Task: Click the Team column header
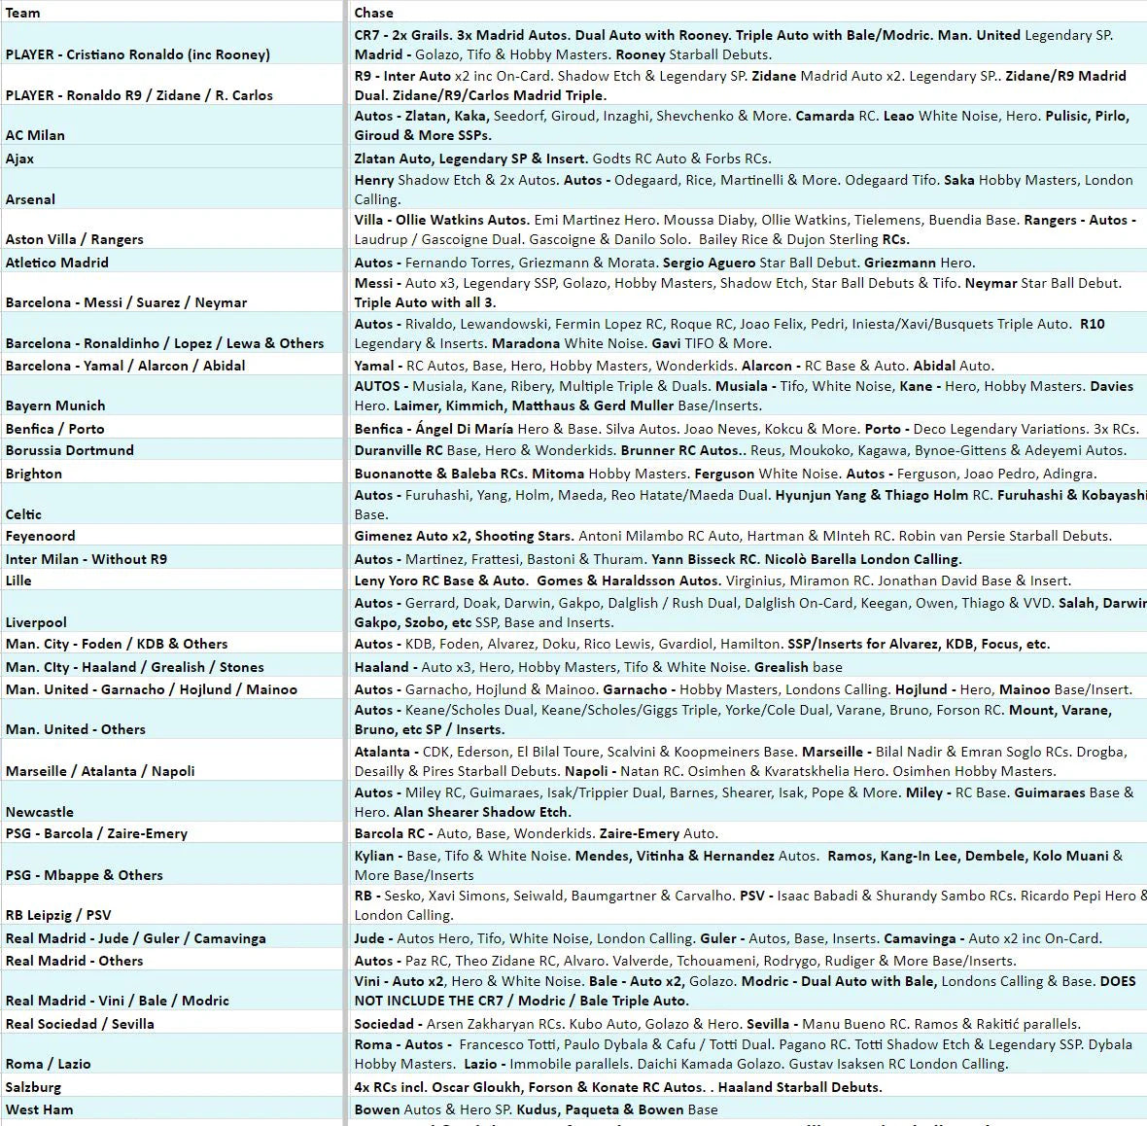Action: pyautogui.click(x=23, y=13)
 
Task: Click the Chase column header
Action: pyautogui.click(x=374, y=13)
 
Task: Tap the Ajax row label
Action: pyautogui.click(x=19, y=158)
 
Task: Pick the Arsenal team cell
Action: pyautogui.click(x=30, y=199)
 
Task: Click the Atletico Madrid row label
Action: pyautogui.click(x=56, y=263)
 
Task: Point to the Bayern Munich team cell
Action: pyautogui.click(x=55, y=405)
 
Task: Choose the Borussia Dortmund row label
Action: pyautogui.click(x=70, y=450)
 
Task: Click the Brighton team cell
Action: pyautogui.click(x=34, y=474)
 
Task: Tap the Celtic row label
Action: pyautogui.click(x=23, y=514)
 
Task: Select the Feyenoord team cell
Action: pyautogui.click(x=40, y=536)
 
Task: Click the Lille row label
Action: pyautogui.click(x=18, y=581)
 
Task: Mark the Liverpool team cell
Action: pyautogui.click(x=36, y=622)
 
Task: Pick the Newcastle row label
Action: pyautogui.click(x=39, y=812)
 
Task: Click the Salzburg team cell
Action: pyautogui.click(x=33, y=1087)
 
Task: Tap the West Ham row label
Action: pyautogui.click(x=39, y=1109)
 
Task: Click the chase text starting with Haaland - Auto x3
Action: pyautogui.click(x=598, y=667)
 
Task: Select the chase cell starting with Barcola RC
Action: pyautogui.click(x=536, y=833)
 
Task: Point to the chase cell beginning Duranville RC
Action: pyautogui.click(x=740, y=450)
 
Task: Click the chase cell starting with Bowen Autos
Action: pyautogui.click(x=536, y=1109)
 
